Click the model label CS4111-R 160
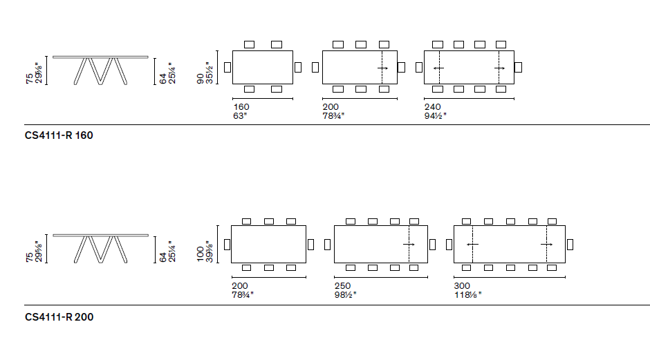click(59, 135)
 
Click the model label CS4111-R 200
click(59, 317)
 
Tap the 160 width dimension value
click(241, 107)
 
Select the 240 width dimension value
click(432, 107)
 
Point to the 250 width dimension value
click(342, 286)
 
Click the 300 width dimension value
click(462, 286)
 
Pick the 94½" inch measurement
click(436, 115)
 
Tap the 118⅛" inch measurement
click(468, 294)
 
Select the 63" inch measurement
click(240, 115)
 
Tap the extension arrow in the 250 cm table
click(409, 245)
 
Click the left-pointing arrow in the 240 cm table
click(438, 68)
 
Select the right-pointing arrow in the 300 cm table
click(547, 245)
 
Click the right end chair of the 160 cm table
click(298, 67)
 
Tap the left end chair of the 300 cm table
click(450, 244)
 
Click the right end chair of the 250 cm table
click(432, 244)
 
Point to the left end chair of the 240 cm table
click(419, 67)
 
